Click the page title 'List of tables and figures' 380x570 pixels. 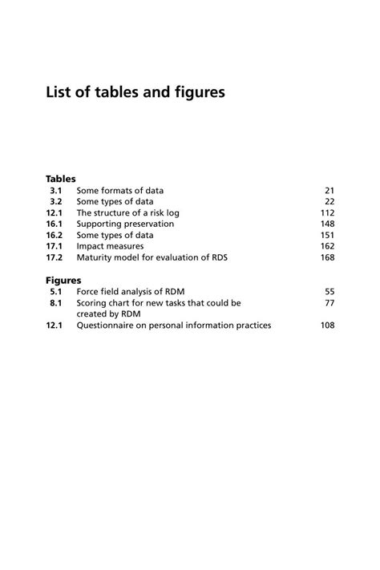(135, 93)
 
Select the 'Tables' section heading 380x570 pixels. (60, 179)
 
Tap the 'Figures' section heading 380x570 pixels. (63, 281)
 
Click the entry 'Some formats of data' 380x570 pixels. (119, 191)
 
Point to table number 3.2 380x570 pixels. (56, 202)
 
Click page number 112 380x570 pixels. (327, 213)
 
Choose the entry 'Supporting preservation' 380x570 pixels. (124, 224)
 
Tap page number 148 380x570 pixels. (327, 224)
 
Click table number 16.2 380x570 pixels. (54, 236)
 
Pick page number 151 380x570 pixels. (327, 236)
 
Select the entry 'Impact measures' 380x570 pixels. (110, 247)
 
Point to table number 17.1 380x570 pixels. (54, 247)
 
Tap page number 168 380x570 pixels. (327, 258)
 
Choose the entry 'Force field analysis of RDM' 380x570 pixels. (131, 293)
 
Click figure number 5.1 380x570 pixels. (56, 293)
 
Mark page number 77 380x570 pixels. (329, 304)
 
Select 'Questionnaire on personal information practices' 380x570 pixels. (173, 326)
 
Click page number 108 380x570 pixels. (327, 326)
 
